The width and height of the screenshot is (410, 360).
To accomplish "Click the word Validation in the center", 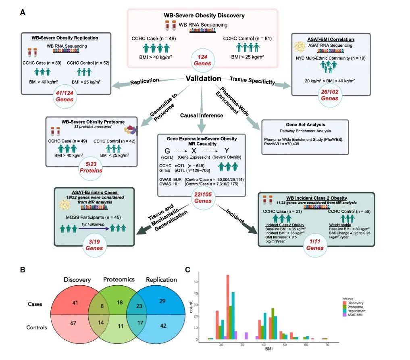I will click(x=203, y=79).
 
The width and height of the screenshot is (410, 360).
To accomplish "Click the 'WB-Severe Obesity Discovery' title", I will click(x=204, y=16).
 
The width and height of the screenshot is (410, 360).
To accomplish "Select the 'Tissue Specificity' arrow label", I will click(x=252, y=80).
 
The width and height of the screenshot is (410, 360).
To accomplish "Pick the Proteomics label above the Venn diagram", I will click(x=118, y=279).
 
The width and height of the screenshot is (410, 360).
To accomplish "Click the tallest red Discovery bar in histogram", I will click(x=227, y=307).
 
